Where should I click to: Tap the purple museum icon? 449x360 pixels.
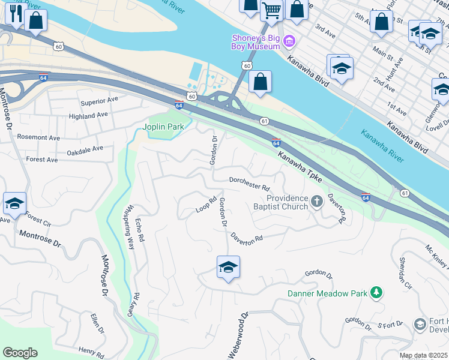tap(290, 41)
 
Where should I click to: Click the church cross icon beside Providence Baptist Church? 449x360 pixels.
tap(317, 202)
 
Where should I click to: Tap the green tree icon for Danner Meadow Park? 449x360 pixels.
tap(376, 293)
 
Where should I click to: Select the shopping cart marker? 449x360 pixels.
tap(272, 10)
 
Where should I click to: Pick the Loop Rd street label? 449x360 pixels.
tap(206, 205)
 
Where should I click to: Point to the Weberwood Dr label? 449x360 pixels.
tap(237, 336)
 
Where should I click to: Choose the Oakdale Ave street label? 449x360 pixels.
tap(85, 148)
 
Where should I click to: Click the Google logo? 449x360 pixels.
tap(20, 353)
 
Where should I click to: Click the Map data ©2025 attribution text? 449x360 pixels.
tap(424, 356)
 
